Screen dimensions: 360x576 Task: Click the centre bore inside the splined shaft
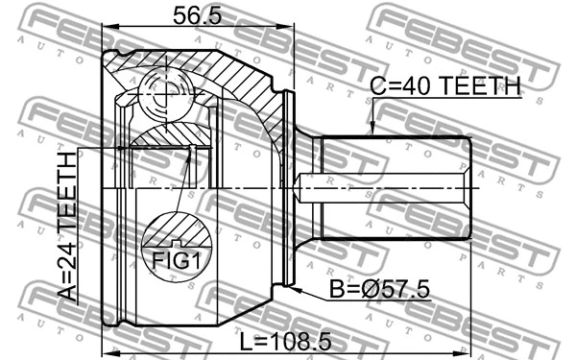tap(384, 187)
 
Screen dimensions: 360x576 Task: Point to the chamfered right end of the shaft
tap(469, 187)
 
